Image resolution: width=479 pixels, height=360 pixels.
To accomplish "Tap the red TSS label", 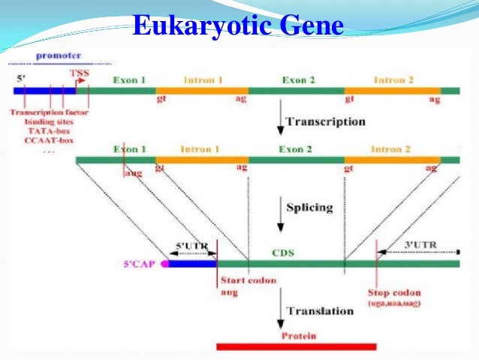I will tap(78, 73).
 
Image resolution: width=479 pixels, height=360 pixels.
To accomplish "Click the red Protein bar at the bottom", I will tap(296, 346).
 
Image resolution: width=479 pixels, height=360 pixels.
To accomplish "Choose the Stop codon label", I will tap(394, 292).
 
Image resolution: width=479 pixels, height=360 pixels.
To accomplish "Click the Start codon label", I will tap(249, 281).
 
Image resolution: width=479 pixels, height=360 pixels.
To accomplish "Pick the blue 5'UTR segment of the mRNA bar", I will tap(192, 264).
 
